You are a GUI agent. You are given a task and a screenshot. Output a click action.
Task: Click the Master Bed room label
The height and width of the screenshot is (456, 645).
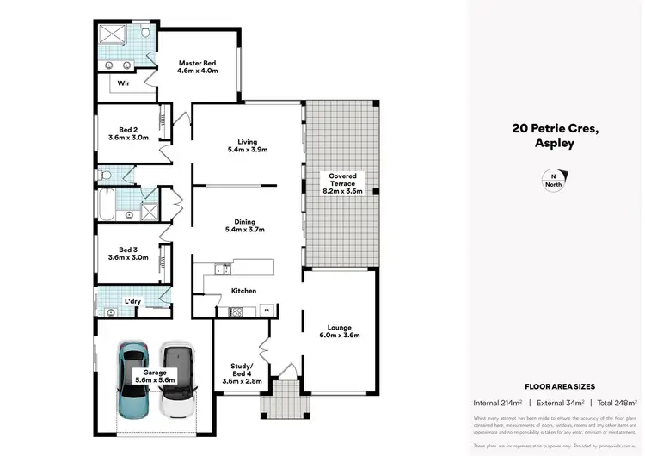[x=197, y=63]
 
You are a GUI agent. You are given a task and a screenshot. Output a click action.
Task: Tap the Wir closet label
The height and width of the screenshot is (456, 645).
[x=123, y=83]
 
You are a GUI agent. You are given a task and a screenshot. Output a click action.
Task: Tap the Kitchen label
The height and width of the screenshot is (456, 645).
[x=243, y=291]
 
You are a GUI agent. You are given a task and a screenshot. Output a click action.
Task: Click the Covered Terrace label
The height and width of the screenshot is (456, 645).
[x=341, y=176]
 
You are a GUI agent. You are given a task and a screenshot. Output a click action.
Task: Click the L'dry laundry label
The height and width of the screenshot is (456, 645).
[x=132, y=300]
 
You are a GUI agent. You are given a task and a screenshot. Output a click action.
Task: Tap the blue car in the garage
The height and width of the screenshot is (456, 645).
[x=135, y=379]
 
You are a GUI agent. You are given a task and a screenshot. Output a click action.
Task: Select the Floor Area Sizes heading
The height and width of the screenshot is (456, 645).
[x=559, y=387]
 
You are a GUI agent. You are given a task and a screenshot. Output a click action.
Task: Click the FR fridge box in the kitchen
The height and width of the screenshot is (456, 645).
[x=266, y=309]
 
